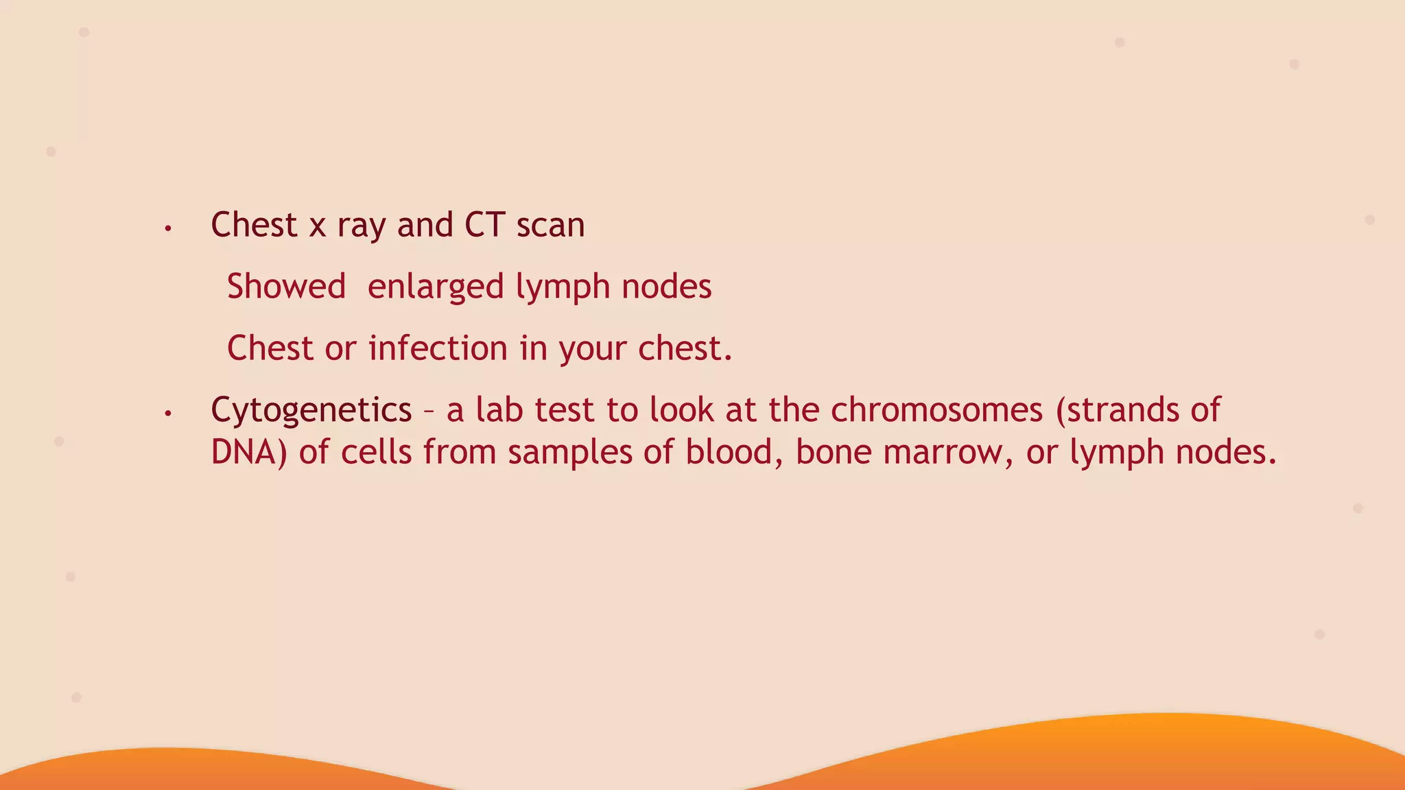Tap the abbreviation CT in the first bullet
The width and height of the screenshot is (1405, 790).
click(x=484, y=225)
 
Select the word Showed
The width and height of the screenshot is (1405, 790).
click(x=286, y=287)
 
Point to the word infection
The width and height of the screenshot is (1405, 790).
click(x=438, y=348)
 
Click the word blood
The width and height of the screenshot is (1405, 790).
click(x=734, y=453)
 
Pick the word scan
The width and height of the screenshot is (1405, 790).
click(x=550, y=226)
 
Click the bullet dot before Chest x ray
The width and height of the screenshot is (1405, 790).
click(x=167, y=228)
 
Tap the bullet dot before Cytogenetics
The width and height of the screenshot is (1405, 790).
click(x=167, y=414)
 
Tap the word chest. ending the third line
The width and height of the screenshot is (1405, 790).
click(x=685, y=348)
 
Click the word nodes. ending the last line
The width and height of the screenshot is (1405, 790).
click(x=1225, y=453)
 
